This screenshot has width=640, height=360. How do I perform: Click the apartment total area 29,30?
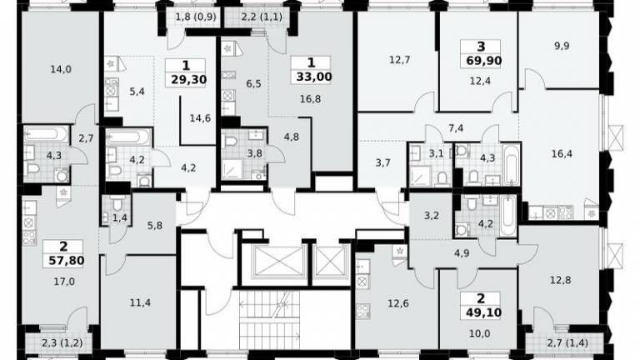point(189,79)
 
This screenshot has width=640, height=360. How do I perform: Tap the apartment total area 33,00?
point(314,77)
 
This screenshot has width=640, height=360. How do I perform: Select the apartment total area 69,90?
point(483,61)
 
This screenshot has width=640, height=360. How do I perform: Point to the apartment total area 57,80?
point(66,260)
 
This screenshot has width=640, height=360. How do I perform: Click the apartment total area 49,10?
point(483,312)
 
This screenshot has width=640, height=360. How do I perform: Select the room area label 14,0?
point(61,69)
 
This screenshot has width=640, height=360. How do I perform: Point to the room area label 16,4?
point(562,154)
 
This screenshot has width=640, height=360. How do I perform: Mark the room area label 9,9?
point(562,46)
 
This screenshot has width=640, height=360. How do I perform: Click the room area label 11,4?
point(140,302)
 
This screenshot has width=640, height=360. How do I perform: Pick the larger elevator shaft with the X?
point(279,262)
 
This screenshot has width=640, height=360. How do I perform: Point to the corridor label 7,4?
point(456,128)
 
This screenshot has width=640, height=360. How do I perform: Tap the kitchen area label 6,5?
point(253,83)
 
